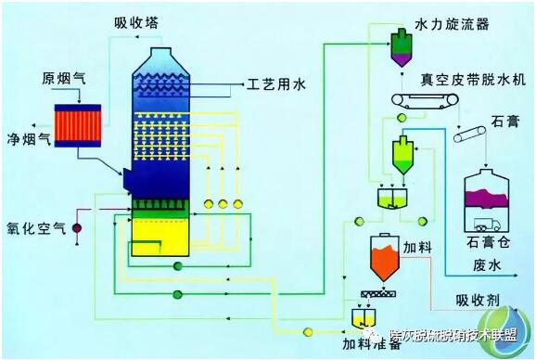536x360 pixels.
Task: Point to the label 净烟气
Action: pos(26,142)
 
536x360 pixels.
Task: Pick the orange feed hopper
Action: pos(381,258)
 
